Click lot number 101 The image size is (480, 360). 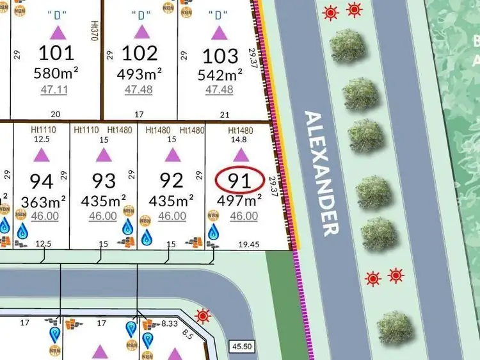tap(57, 53)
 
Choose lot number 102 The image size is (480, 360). tap(140, 53)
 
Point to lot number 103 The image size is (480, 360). tap(221, 55)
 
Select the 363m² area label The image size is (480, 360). tap(44, 202)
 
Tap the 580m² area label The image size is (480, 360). tap(55, 73)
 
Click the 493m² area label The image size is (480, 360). tap(139, 73)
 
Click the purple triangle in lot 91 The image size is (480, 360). tap(241, 154)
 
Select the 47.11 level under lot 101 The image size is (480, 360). tap(54, 90)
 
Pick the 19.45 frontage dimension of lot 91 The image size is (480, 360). tap(248, 244)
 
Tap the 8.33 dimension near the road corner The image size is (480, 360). tap(169, 324)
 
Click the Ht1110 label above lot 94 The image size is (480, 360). tap(44, 129)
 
